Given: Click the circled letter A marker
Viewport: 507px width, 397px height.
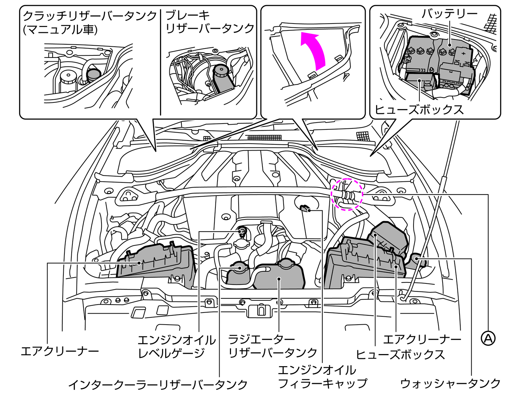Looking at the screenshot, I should [x=488, y=338].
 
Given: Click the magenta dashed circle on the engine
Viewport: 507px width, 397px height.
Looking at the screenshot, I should [x=347, y=194].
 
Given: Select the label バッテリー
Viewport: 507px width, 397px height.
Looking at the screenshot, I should [x=449, y=14].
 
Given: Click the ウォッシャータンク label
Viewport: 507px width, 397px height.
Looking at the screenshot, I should [x=450, y=383].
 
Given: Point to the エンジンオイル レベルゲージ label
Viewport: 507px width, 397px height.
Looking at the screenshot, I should [x=176, y=346].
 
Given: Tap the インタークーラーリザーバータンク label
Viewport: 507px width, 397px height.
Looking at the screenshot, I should [x=158, y=385].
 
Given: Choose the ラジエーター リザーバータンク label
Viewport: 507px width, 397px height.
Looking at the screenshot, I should [x=273, y=346].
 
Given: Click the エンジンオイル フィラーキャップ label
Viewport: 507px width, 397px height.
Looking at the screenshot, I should [x=322, y=377].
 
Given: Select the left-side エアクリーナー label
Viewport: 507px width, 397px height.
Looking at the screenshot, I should [x=60, y=351].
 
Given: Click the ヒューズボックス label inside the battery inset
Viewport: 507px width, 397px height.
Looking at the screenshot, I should [x=419, y=110].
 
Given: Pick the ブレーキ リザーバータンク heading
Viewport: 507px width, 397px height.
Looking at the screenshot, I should [x=210, y=21].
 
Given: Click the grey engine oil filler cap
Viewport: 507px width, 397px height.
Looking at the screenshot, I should [x=304, y=208].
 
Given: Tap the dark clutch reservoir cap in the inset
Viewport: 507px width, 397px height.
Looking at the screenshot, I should [x=93, y=73].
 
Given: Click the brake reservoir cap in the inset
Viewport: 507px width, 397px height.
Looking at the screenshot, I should [x=220, y=71].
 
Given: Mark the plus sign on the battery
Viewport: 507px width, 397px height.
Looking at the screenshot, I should [x=464, y=53].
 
